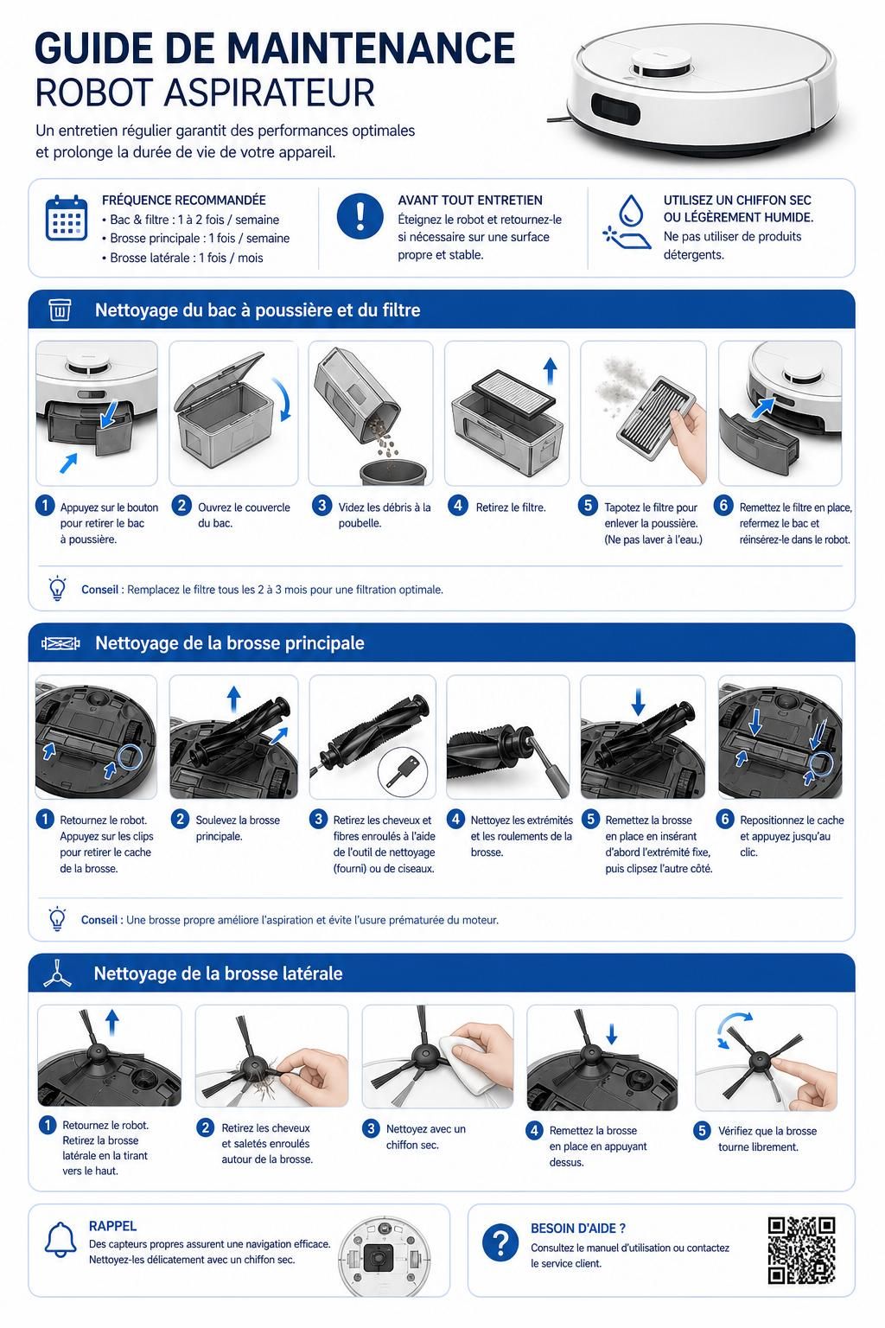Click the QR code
801,1250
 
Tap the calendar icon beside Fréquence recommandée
67,218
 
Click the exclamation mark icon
360,216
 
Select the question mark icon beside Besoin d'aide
500,1242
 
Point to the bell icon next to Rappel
60,1238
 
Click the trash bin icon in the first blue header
60,310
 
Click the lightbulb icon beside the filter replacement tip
57,588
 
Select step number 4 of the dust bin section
457,506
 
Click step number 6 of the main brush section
724,819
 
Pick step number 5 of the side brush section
702,1130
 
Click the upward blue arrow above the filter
551,371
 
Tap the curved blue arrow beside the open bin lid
283,399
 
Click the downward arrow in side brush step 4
612,1034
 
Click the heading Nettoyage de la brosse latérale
218,974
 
